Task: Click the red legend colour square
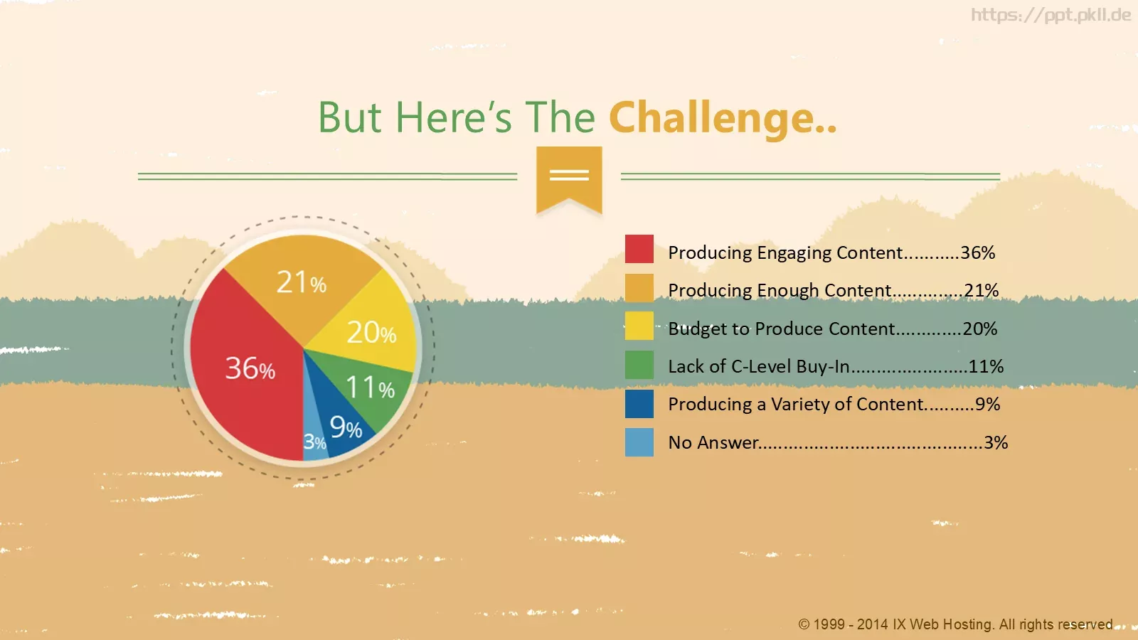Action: (x=639, y=249)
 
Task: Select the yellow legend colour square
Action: (x=639, y=326)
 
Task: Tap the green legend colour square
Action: (x=639, y=365)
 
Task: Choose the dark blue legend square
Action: (x=639, y=404)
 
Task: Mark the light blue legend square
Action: (x=639, y=442)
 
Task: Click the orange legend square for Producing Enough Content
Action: (x=639, y=288)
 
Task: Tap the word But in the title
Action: (x=349, y=117)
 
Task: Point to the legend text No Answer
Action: (x=713, y=442)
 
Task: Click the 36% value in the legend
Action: (x=977, y=252)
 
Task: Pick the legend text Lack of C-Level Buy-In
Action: (x=759, y=366)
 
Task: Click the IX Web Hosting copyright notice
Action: (x=955, y=624)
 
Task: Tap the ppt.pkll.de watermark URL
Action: (x=1051, y=15)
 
